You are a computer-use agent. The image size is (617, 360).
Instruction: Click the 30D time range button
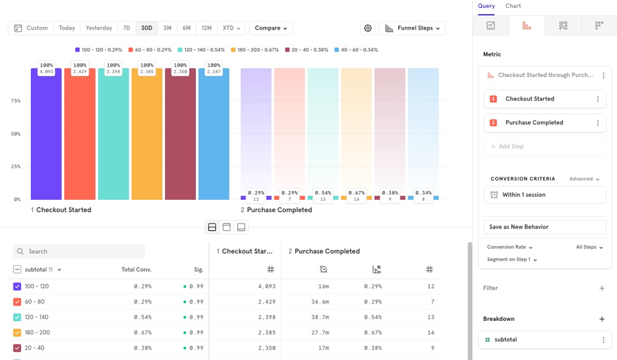tap(147, 28)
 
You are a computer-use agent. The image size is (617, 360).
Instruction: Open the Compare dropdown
tap(270, 28)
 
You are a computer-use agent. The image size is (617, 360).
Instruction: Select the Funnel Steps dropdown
tap(412, 28)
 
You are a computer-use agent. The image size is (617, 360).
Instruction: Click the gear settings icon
tap(368, 28)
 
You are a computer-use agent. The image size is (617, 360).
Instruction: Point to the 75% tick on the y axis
tap(15, 101)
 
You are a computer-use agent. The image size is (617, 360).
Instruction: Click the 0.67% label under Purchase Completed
tap(356, 193)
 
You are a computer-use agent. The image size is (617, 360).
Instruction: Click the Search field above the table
tap(80, 251)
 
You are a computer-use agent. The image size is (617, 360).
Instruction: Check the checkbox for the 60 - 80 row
tap(17, 302)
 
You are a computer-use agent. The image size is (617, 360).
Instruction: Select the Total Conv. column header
tap(136, 270)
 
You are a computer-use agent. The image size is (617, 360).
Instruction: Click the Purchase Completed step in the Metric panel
tap(534, 122)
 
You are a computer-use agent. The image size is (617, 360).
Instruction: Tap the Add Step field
tap(545, 146)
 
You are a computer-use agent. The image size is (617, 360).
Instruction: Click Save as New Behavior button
tap(545, 227)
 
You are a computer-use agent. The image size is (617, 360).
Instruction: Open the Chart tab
tap(513, 6)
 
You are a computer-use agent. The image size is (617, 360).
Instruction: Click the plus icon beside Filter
tap(602, 288)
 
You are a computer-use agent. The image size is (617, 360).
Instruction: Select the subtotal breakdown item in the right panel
tap(506, 340)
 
